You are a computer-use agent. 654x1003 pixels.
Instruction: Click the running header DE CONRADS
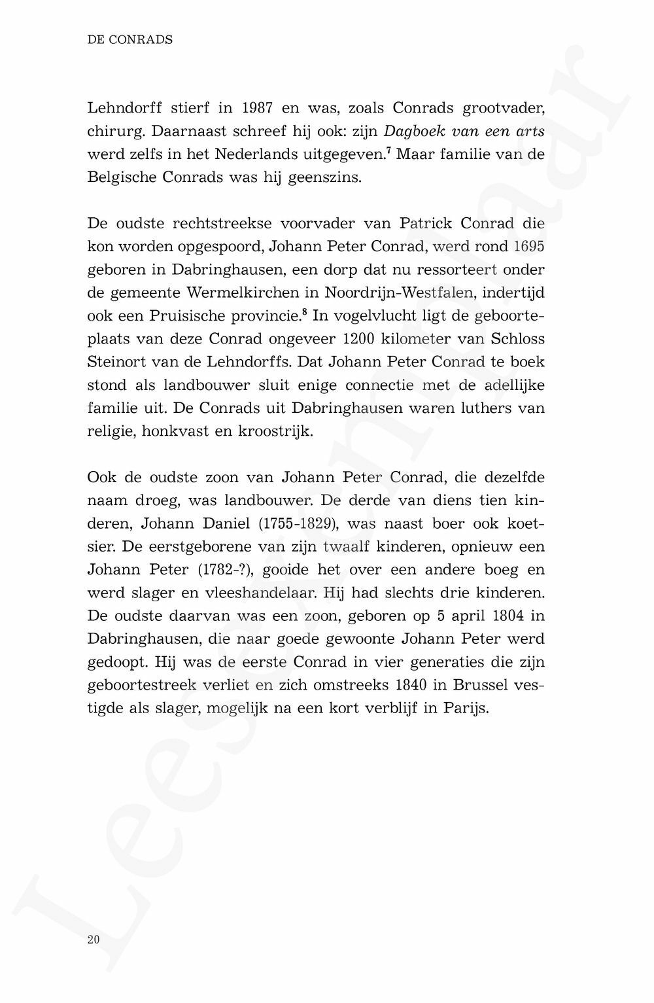(x=130, y=40)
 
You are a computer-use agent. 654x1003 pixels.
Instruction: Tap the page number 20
(x=94, y=940)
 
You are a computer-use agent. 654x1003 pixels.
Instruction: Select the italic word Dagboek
(x=414, y=131)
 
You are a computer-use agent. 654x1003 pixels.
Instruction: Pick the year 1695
(x=529, y=247)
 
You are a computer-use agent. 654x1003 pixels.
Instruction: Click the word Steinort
(x=114, y=362)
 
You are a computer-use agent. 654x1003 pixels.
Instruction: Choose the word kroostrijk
(x=275, y=432)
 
